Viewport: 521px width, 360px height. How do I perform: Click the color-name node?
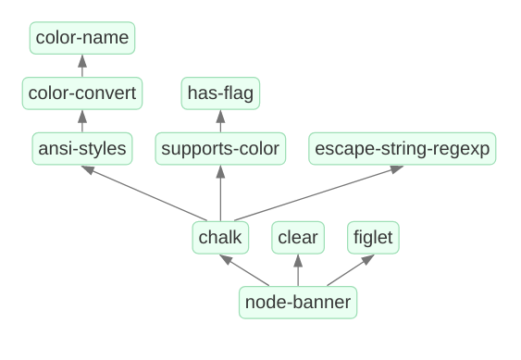[82, 39]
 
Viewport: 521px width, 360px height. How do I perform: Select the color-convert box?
[82, 93]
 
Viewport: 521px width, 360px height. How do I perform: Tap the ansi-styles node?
[82, 148]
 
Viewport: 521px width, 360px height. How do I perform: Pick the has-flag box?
[220, 93]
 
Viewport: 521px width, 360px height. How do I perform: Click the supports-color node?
[220, 148]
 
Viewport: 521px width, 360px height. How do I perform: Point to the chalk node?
[220, 238]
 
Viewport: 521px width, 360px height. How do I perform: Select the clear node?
[298, 238]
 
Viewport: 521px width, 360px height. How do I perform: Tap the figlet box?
[373, 238]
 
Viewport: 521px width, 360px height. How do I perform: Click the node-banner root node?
[298, 303]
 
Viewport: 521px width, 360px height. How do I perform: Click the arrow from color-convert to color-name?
[82, 67]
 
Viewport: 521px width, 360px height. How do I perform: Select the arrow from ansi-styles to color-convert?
[82, 121]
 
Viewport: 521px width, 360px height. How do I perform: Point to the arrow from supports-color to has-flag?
[220, 121]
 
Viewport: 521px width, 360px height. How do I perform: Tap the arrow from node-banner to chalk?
[244, 270]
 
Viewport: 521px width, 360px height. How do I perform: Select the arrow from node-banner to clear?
[298, 270]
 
